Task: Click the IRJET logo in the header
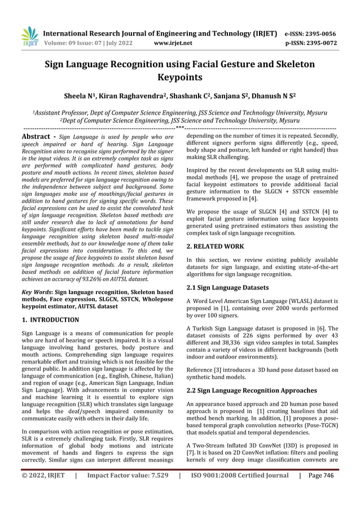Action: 29,36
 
